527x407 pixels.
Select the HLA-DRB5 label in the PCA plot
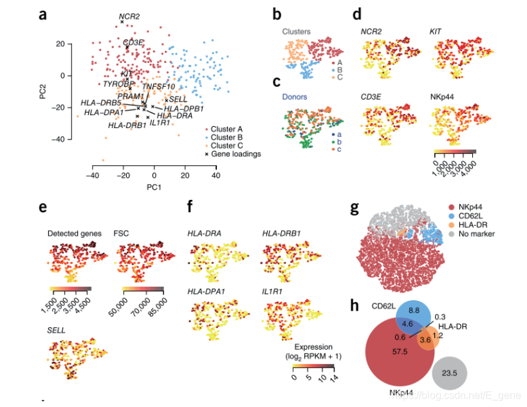[x=101, y=103]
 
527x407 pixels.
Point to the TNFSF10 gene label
[x=158, y=87]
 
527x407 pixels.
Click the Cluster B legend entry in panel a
[x=222, y=137]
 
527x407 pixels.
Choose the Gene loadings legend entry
[x=232, y=154]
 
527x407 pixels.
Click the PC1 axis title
[x=153, y=187]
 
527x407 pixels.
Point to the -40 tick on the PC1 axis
[x=93, y=175]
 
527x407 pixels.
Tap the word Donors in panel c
[x=295, y=97]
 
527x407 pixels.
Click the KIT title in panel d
[x=435, y=31]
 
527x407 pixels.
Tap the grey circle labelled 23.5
[x=449, y=372]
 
